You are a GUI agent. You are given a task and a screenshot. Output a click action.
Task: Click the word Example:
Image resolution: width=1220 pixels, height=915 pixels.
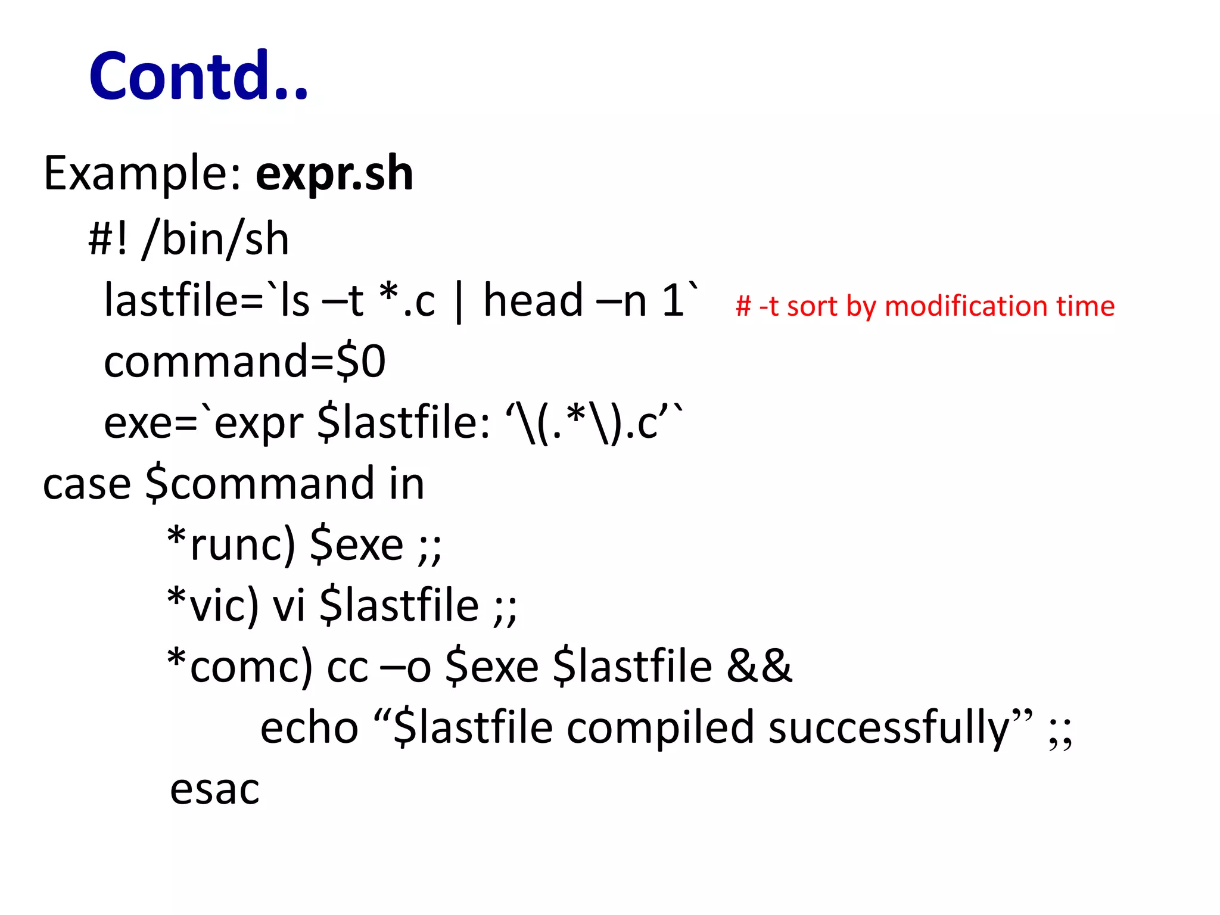click(x=142, y=173)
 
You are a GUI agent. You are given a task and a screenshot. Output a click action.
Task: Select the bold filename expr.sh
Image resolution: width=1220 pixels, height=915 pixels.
click(x=334, y=173)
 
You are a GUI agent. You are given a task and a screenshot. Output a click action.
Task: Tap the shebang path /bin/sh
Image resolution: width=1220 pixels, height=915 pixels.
click(x=216, y=239)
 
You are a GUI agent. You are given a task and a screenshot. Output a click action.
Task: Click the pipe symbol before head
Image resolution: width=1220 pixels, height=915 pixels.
click(x=458, y=303)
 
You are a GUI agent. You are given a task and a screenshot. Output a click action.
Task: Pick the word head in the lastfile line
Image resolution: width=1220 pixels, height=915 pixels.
click(x=533, y=301)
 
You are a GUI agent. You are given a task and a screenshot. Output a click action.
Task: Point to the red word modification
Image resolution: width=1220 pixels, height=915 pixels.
click(x=966, y=306)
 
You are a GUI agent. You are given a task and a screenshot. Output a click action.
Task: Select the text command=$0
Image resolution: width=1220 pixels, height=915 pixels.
click(x=245, y=362)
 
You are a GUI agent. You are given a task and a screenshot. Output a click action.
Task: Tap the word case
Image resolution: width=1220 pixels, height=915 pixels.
click(x=87, y=484)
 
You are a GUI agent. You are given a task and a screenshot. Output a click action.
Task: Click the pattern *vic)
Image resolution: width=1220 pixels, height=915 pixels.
click(x=213, y=605)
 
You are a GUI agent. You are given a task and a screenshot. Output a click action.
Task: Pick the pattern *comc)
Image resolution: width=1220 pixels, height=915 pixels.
click(x=239, y=667)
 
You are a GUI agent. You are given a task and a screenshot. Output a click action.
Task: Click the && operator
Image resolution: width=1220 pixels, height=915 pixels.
click(x=760, y=666)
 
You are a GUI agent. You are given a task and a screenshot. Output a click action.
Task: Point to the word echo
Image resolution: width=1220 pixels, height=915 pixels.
click(x=309, y=728)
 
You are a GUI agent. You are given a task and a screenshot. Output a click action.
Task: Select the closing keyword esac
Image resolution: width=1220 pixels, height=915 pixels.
click(x=214, y=789)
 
